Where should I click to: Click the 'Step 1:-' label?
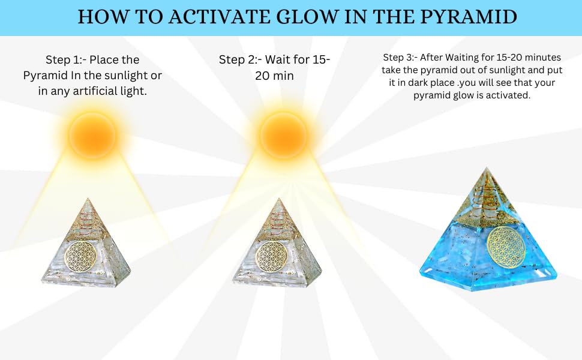pos(65,60)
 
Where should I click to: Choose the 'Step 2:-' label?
pos(239,59)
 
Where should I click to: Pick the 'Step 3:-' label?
pos(400,58)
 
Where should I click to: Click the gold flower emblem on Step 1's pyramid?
pos(86,255)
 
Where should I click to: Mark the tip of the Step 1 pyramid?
pos(86,199)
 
